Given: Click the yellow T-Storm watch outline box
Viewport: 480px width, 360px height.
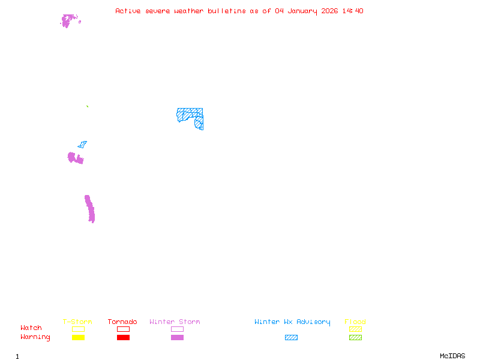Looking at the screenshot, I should [78, 329].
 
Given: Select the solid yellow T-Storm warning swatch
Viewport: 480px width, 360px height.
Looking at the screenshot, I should [78, 337].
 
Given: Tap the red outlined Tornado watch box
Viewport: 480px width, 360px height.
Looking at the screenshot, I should [123, 329].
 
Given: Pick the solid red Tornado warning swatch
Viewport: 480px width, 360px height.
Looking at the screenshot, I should [123, 337].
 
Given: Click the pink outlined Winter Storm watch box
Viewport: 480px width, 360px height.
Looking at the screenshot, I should [177, 329].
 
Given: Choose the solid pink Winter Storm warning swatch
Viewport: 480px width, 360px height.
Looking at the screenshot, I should [177, 337].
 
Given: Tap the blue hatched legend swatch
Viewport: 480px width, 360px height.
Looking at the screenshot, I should [291, 337].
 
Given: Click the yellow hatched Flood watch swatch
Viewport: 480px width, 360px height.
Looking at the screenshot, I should [355, 329].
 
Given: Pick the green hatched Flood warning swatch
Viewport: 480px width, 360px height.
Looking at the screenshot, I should [355, 337].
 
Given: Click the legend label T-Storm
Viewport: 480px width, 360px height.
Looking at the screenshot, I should [77, 322].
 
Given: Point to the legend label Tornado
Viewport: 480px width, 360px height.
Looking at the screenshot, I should [122, 322].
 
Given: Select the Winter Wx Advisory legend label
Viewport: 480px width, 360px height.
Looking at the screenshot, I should [292, 322].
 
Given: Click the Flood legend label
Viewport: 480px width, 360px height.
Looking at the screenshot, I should [355, 322].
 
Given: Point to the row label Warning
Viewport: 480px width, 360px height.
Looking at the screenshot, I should [35, 337].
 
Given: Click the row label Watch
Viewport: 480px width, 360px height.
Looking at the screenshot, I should [31, 328].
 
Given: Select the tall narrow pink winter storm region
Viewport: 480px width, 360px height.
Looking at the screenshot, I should [90, 209].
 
